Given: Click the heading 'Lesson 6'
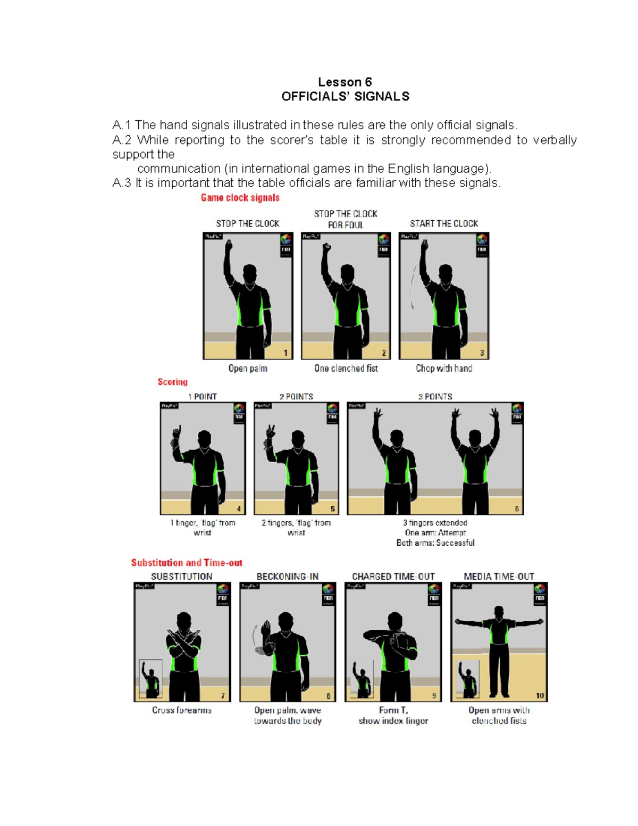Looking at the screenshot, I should (x=345, y=82).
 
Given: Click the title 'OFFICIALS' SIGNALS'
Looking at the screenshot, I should (x=345, y=96).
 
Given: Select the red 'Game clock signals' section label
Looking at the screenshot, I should (x=240, y=198).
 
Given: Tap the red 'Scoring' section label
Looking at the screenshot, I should (x=172, y=382).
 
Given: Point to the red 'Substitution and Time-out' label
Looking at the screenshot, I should (x=187, y=563).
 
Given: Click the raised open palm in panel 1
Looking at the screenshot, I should (x=229, y=246).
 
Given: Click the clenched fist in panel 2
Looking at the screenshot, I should (x=327, y=248).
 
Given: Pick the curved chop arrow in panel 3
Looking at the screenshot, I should (x=413, y=287).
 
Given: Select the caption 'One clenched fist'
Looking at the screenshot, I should (x=346, y=368).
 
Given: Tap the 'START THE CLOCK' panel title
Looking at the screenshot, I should (x=444, y=223).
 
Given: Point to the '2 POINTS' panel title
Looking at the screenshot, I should (x=296, y=397).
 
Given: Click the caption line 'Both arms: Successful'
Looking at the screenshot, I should (x=435, y=543).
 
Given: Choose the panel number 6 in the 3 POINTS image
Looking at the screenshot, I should (x=516, y=509).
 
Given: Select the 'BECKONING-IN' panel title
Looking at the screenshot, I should (x=287, y=577).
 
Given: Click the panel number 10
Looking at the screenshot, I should (x=540, y=696).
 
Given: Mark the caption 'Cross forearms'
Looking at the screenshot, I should (x=182, y=711).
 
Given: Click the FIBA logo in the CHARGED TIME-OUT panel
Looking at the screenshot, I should (x=433, y=593).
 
